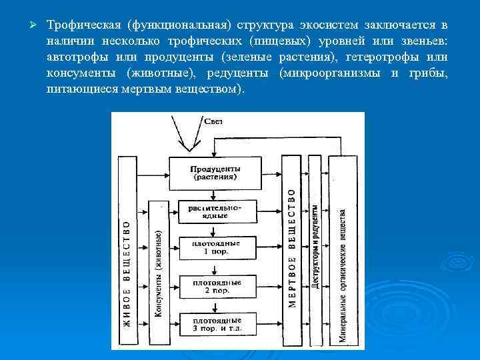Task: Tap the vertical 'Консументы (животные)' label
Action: coord(158,273)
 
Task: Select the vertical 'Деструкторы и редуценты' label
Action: coord(313,247)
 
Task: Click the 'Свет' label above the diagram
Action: coord(214,120)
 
